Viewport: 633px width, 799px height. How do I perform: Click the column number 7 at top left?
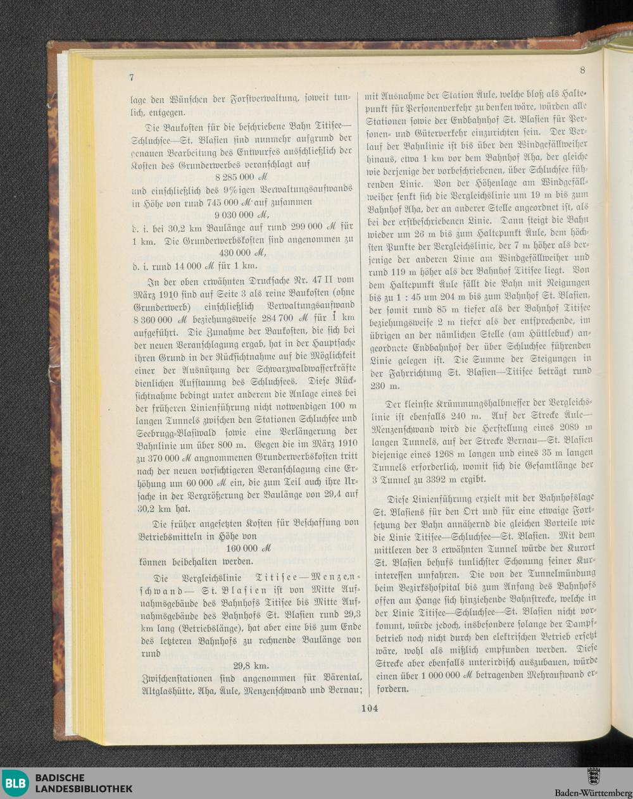tap(132, 77)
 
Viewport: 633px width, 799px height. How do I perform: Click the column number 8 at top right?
tap(582, 70)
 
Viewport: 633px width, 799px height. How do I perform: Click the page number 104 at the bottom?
tap(369, 709)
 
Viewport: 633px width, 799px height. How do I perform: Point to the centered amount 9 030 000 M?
tap(242, 214)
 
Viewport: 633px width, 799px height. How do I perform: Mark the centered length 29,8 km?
tap(250, 666)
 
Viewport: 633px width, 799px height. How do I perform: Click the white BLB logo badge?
tap(15, 783)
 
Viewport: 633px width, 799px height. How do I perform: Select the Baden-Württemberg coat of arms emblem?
tap(593, 776)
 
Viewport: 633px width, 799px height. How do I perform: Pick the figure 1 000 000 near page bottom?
tap(434, 674)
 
